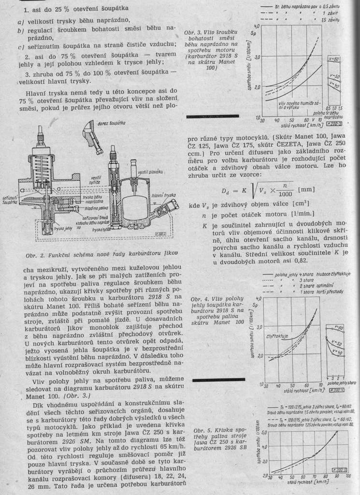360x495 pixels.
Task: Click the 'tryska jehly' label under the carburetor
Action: pos(63,229)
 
